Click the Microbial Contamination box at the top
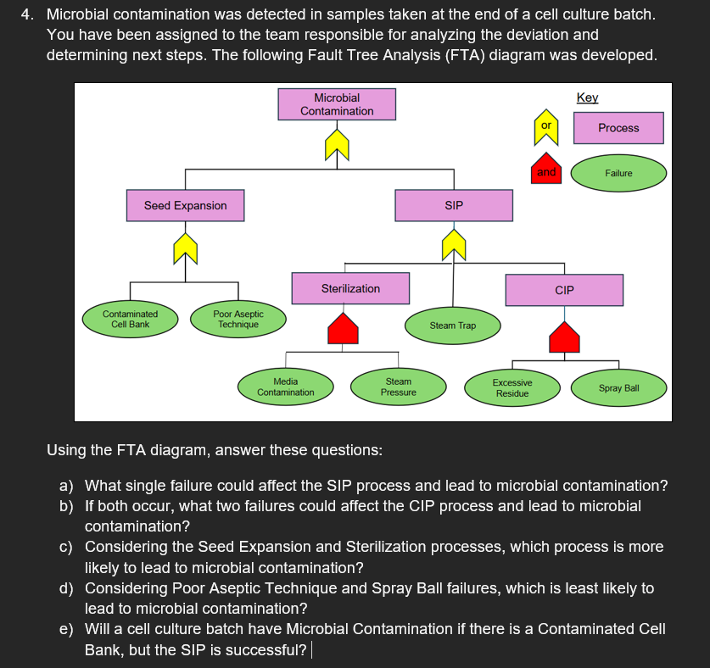[337, 104]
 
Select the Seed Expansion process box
[185, 205]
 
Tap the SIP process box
[454, 205]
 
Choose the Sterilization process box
[350, 288]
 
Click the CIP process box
[564, 290]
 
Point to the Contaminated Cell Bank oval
[130, 319]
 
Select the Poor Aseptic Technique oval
[238, 319]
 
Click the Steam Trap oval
[453, 326]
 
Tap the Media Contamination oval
[286, 387]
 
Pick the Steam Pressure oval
[399, 387]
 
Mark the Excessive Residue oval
[512, 388]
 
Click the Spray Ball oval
[618, 388]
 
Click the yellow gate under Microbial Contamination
[337, 145]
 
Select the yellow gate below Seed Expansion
[185, 248]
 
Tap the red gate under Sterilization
[344, 329]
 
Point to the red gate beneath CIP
[564, 337]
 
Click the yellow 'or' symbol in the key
[546, 127]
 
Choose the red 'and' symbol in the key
[546, 169]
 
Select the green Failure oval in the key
[618, 173]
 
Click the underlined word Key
[587, 97]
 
